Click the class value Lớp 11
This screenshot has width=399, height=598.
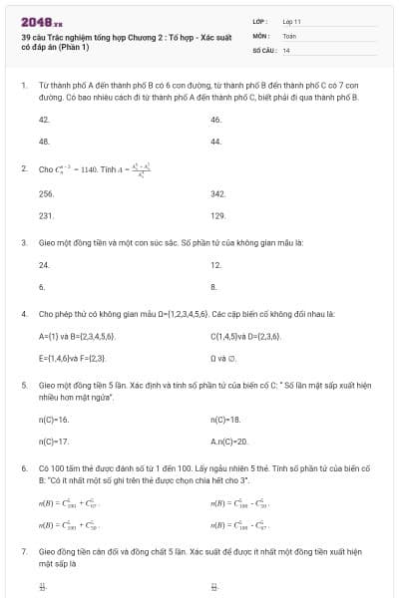291,21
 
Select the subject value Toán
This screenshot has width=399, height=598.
289,35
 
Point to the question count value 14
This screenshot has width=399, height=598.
286,49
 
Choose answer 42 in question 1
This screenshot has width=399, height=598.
44,119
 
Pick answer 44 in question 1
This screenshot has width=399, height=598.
215,142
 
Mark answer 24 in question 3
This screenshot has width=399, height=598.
44,265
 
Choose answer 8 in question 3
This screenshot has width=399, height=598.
213,287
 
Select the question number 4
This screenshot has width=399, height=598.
23,313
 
